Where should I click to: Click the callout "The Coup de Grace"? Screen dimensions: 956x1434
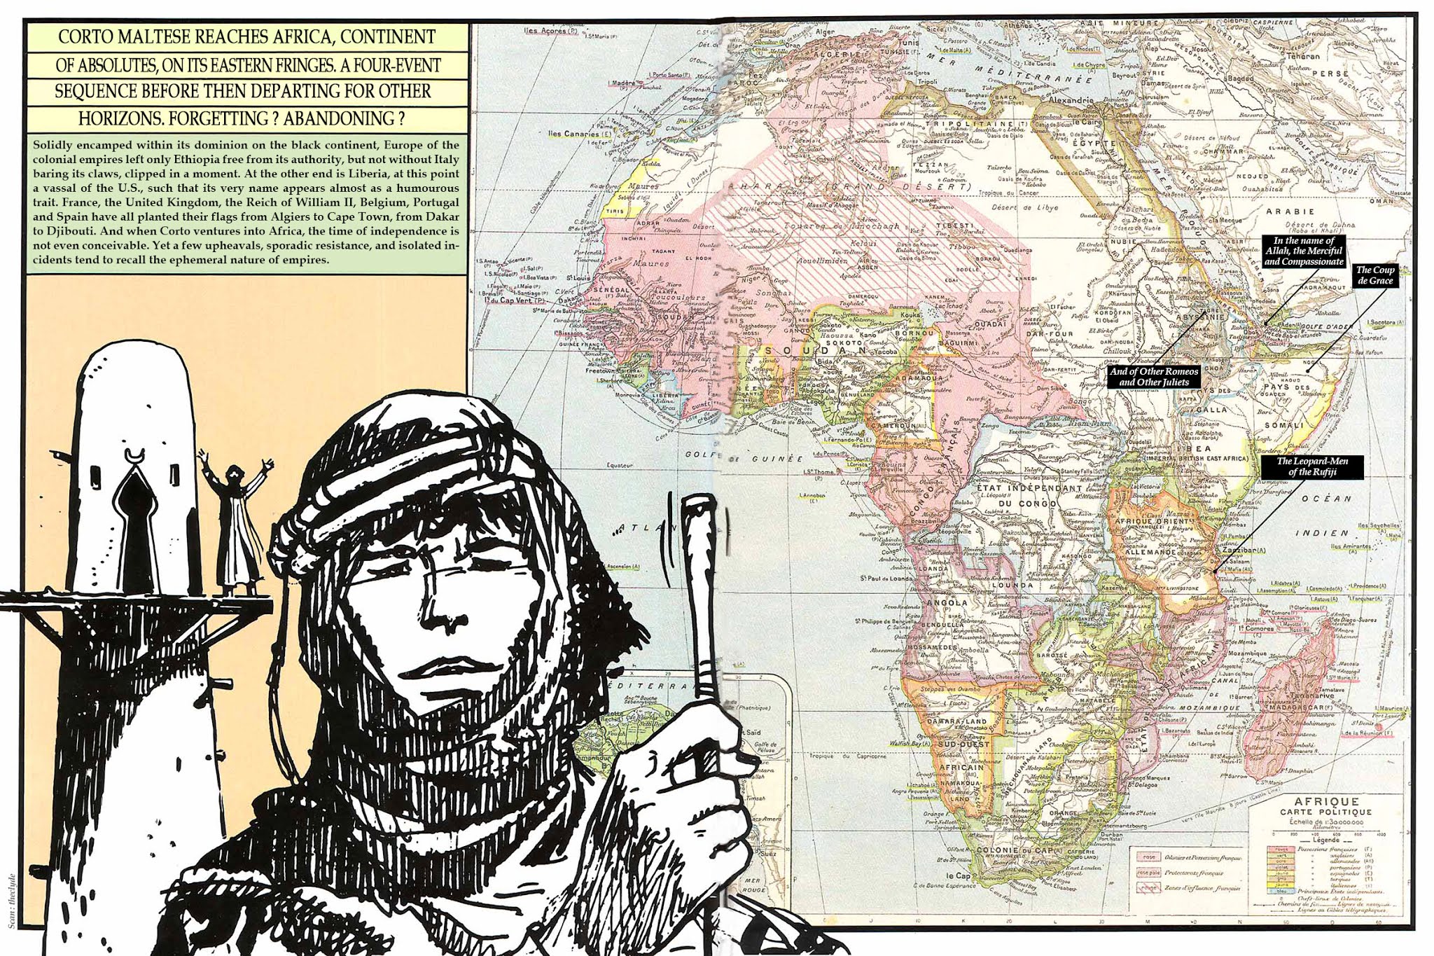coord(1375,275)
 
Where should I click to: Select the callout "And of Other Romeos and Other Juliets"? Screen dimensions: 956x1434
coord(1154,377)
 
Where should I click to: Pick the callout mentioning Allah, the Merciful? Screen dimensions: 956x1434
coord(1304,251)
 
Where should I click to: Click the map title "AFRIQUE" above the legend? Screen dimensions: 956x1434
coord(1316,802)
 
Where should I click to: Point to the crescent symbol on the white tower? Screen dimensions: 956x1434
coord(132,456)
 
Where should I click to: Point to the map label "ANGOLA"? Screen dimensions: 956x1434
coord(947,602)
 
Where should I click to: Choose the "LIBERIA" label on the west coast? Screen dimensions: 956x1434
coord(666,394)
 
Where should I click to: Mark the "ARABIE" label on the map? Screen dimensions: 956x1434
coord(1290,211)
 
